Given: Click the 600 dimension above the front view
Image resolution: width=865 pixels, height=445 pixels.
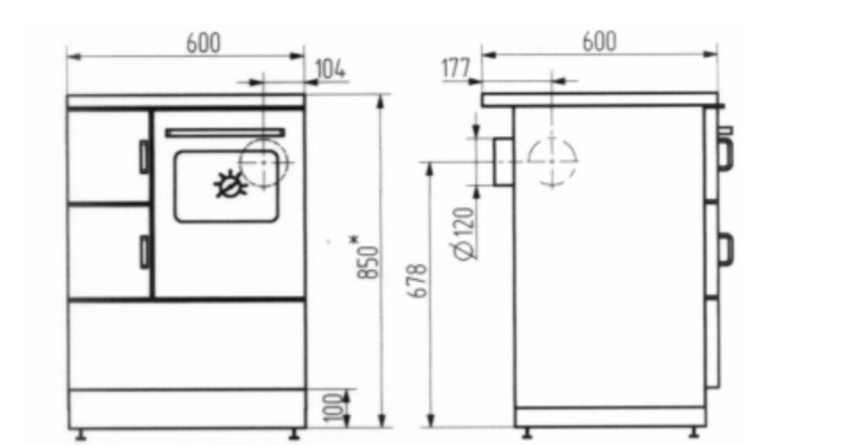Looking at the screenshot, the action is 203,43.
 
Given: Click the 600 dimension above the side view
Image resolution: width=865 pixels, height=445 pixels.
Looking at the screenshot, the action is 599,41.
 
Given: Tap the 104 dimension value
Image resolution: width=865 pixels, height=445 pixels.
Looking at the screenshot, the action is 330,70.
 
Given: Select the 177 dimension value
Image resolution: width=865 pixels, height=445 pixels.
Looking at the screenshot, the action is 456,68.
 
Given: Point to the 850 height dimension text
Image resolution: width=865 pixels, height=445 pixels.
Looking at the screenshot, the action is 368,262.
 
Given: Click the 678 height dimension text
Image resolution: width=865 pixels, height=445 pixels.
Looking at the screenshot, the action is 417,281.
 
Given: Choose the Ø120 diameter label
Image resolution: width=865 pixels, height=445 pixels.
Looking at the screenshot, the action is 464,234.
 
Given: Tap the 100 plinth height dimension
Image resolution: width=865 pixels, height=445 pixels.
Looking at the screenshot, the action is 333,408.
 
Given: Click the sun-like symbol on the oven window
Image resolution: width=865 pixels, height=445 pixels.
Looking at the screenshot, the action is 230,184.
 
